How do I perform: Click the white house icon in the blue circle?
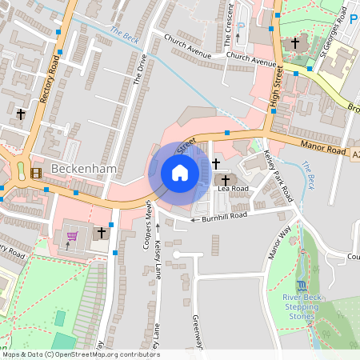180,172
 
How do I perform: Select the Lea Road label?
234,189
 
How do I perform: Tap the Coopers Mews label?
148,225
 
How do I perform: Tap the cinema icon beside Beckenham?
35,172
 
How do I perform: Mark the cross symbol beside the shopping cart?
101,233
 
